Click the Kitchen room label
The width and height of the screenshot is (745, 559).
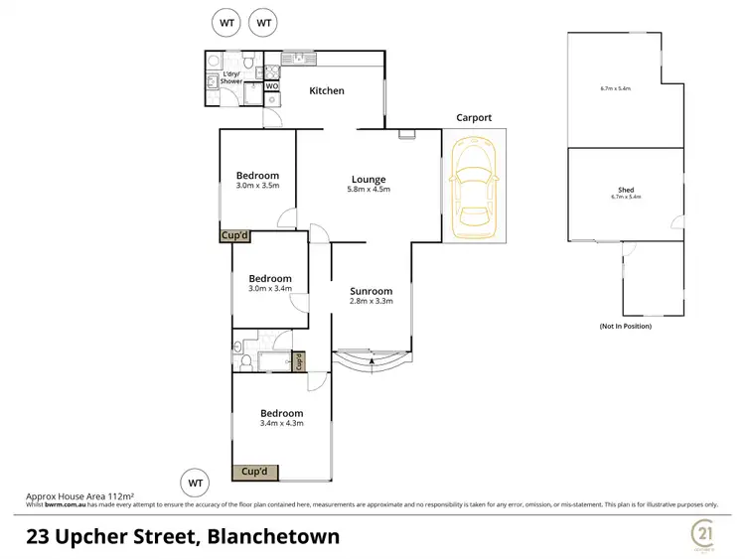click(x=327, y=91)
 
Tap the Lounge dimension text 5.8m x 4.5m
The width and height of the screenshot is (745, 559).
click(x=369, y=189)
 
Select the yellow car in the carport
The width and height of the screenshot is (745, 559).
click(x=470, y=189)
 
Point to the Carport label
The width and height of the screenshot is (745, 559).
click(x=474, y=117)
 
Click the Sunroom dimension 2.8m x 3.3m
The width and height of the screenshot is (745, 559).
click(x=372, y=301)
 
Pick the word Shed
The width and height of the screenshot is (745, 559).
click(x=626, y=190)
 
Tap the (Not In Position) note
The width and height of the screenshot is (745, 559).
click(x=625, y=326)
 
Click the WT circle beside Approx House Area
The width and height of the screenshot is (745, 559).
click(x=196, y=484)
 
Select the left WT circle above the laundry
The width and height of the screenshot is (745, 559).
click(x=225, y=22)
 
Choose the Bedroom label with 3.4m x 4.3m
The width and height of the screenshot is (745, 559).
click(x=281, y=413)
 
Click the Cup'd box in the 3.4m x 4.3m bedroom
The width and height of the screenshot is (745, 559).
click(x=255, y=472)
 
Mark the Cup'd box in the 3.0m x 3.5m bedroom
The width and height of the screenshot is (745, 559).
click(x=235, y=236)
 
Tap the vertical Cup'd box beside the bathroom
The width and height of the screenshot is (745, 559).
click(x=298, y=361)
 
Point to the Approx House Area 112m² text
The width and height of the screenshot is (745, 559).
click(x=79, y=494)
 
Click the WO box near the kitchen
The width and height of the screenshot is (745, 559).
click(x=271, y=86)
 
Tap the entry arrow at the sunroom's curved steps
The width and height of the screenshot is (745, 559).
click(x=372, y=360)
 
